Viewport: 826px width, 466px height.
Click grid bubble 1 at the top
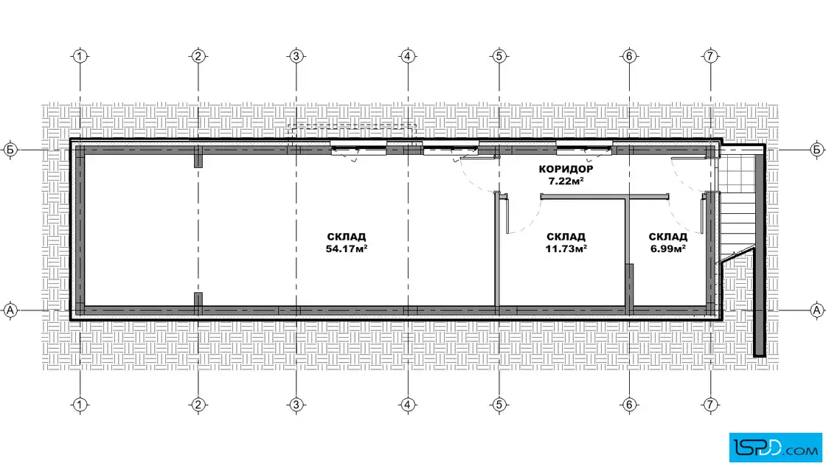coord(80,56)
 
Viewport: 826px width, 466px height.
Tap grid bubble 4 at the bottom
coord(408,404)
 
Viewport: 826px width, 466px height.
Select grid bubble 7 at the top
coord(710,56)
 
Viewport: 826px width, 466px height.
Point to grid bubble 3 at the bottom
coord(296,404)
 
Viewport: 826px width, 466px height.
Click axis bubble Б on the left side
coord(10,150)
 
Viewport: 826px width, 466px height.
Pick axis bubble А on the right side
coord(816,310)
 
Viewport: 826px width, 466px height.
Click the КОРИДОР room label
coord(566,169)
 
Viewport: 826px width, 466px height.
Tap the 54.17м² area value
coord(346,248)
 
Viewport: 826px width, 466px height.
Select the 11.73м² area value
coord(566,248)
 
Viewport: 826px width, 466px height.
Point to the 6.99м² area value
coord(668,248)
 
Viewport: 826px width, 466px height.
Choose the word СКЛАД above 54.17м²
coord(346,237)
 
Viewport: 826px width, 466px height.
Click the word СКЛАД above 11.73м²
coord(566,237)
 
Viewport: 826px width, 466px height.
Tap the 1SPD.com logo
coord(775,448)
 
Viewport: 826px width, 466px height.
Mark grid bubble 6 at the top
coord(630,56)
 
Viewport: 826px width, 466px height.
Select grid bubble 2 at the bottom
coord(198,404)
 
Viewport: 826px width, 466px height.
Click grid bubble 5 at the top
coord(499,56)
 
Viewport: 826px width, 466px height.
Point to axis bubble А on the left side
coord(10,310)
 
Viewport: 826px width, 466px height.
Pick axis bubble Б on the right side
coord(816,150)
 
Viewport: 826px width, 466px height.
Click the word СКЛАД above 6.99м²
coord(668,237)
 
